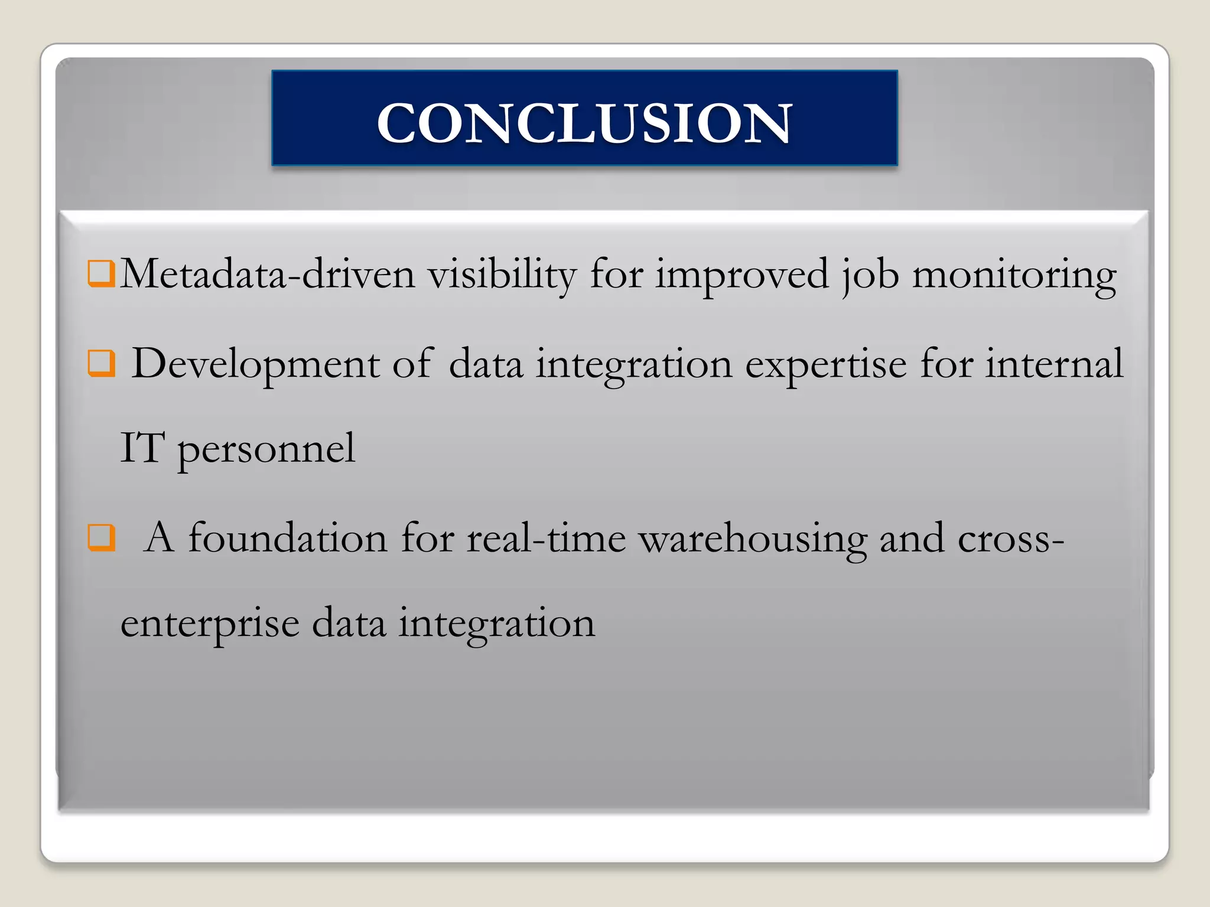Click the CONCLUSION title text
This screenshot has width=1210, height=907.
[584, 122]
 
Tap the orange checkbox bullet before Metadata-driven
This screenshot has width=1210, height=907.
[101, 273]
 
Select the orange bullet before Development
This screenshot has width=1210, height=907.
[101, 363]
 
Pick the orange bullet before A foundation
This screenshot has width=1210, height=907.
[101, 537]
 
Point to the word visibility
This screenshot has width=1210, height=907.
[502, 275]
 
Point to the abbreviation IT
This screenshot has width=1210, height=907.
[142, 448]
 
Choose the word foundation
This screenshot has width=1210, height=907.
[288, 538]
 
